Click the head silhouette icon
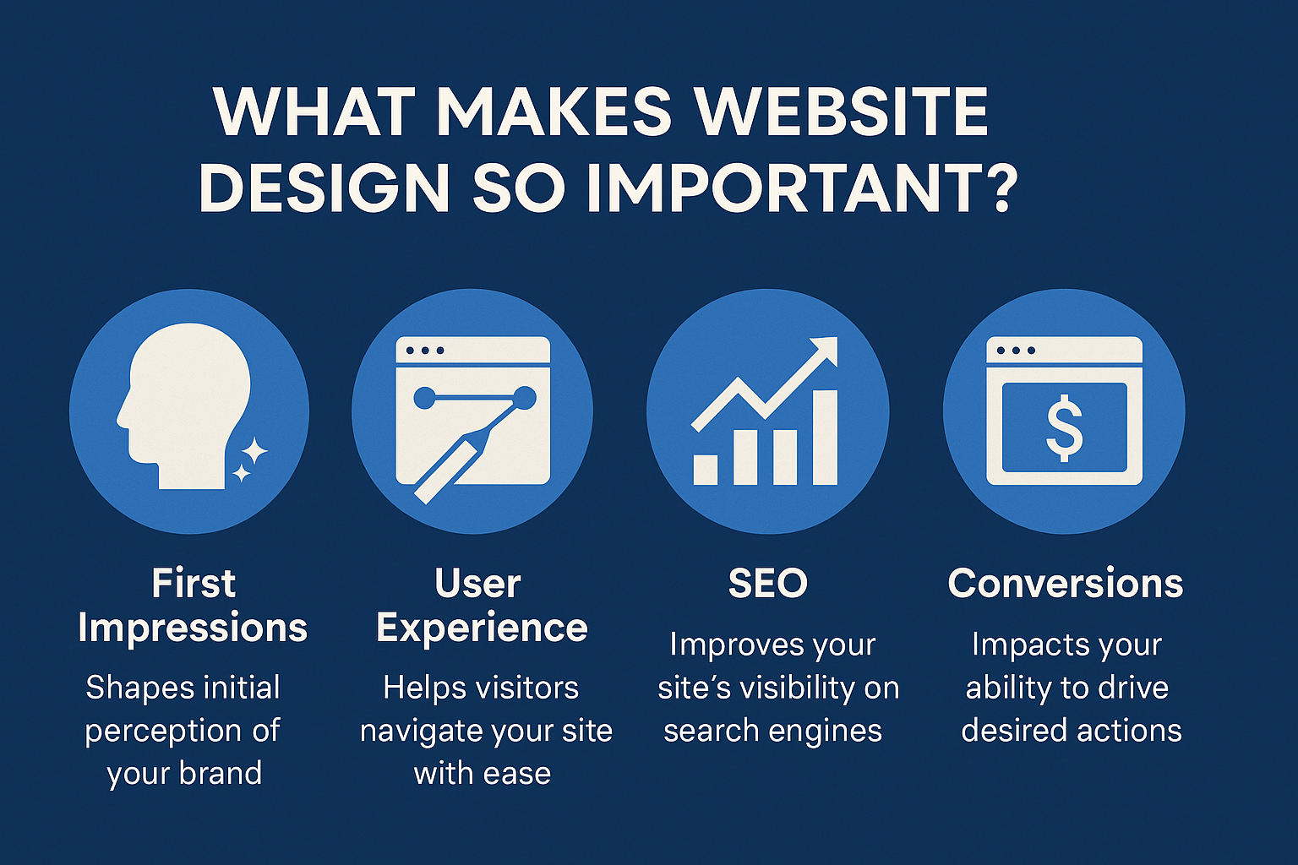click(x=184, y=405)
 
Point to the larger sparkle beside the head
click(x=254, y=451)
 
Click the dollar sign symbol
click(x=1064, y=428)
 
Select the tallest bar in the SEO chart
click(x=825, y=437)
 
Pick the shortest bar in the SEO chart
click(x=706, y=470)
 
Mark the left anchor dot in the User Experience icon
click(x=424, y=398)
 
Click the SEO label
click(x=768, y=583)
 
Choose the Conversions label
click(x=1065, y=583)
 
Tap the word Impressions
click(x=193, y=628)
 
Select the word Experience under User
click(x=483, y=628)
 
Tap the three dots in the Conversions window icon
click(x=1015, y=351)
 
